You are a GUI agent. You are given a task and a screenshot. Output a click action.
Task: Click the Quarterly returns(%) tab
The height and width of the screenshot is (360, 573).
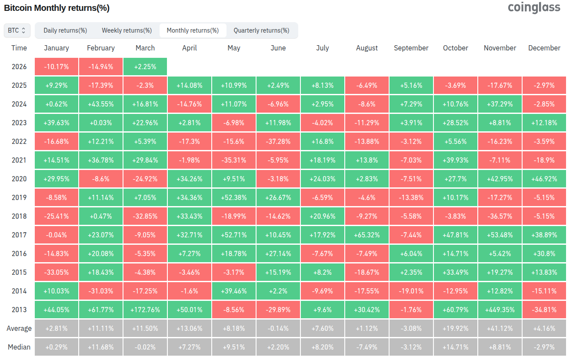[261, 30]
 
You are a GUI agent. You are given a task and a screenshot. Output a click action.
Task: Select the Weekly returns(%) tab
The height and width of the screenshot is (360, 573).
[127, 30]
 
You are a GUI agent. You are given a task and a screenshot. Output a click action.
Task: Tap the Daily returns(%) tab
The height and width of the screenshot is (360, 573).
[65, 30]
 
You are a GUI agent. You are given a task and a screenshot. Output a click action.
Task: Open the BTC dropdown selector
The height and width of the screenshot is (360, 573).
[17, 30]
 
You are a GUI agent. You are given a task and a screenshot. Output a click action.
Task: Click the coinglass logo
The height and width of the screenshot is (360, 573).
[534, 7]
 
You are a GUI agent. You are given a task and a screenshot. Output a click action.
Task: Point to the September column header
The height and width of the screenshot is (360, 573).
[411, 48]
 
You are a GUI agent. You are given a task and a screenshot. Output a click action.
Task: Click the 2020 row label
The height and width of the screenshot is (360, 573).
[19, 179]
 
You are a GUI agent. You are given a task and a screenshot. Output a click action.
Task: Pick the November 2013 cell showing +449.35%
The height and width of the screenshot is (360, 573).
[500, 310]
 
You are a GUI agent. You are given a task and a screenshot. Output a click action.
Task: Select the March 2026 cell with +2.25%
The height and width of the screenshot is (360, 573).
[145, 67]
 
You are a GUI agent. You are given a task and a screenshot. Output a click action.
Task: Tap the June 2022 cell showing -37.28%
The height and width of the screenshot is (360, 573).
[278, 141]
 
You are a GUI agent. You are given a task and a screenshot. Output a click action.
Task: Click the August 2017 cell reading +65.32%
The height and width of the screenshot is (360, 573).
[367, 235]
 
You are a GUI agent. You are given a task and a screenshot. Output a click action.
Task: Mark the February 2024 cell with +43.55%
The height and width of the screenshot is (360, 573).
[101, 104]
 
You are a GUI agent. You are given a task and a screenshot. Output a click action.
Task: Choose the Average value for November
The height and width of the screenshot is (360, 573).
[500, 328]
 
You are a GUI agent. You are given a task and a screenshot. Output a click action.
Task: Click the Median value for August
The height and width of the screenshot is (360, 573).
[367, 347]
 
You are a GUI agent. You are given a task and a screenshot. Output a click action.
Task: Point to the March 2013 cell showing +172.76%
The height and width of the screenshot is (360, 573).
[145, 310]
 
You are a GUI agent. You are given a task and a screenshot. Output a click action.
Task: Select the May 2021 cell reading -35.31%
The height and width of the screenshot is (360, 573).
[234, 160]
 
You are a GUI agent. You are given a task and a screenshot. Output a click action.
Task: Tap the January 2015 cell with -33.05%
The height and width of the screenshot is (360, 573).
[57, 272]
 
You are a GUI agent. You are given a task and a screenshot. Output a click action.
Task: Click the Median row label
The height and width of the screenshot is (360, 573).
[19, 347]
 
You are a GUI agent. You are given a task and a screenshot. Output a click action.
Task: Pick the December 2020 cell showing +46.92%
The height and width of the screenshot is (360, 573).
[544, 179]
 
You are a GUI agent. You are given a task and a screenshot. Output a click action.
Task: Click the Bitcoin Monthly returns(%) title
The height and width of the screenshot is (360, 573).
[57, 8]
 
